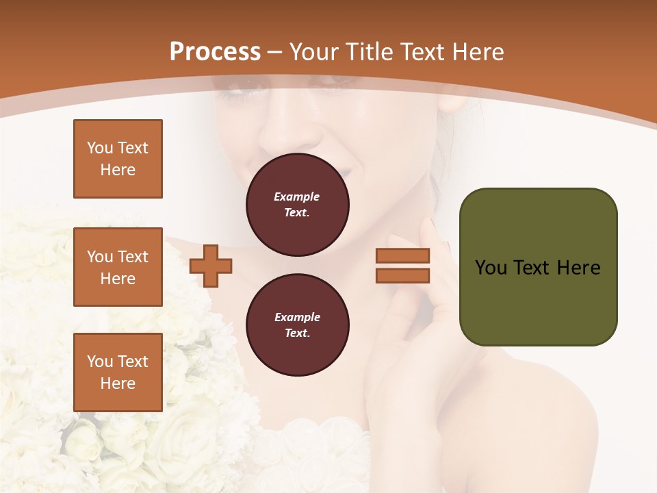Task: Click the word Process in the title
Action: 215,51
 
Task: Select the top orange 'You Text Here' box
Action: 118,159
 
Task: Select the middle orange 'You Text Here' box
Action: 118,267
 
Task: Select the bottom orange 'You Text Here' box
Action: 118,372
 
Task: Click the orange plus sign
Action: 211,266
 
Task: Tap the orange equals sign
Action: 402,266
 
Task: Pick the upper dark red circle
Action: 297,205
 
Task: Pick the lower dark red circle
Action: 297,325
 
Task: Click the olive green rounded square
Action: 538,267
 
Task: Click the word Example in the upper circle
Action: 297,197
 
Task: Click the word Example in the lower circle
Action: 297,317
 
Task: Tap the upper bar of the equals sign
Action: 402,255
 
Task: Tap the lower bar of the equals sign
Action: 402,275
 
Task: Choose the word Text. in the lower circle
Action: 297,333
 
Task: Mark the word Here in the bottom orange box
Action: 118,383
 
